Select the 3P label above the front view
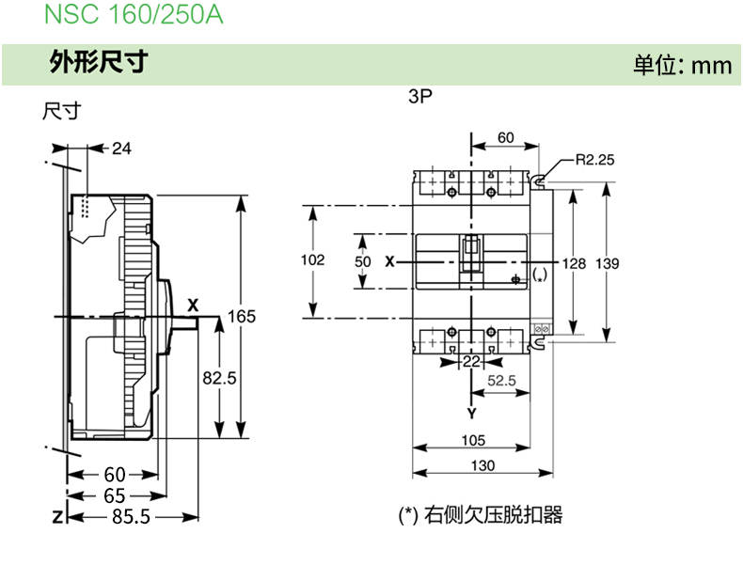[420, 97]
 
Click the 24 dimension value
[122, 148]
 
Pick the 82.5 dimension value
[219, 377]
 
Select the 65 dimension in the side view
[115, 495]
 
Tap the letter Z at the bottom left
[57, 517]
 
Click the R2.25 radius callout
[595, 160]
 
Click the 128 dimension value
[573, 264]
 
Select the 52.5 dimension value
[501, 381]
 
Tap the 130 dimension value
[482, 465]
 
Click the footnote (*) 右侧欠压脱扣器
[481, 515]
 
